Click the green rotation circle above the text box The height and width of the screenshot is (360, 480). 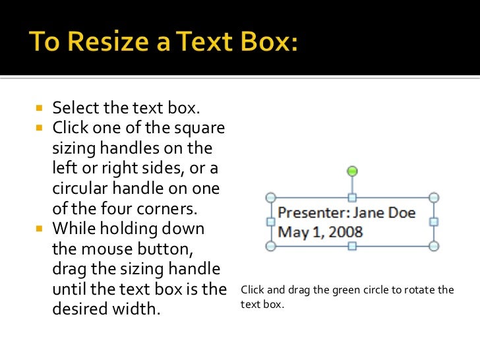pos(352,171)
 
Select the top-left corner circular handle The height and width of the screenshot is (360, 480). pos(270,197)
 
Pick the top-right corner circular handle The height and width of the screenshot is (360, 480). pos(434,197)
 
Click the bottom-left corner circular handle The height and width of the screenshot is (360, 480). pos(270,246)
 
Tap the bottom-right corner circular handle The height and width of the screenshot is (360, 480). pos(434,246)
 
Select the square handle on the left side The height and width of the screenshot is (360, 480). pos(270,222)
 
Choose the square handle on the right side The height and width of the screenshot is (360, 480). pos(434,222)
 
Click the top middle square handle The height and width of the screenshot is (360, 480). pos(352,197)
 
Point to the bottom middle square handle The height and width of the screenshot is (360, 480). pos(352,246)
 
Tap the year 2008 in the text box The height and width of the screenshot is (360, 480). pos(347,232)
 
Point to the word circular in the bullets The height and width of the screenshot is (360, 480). pos(78,189)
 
